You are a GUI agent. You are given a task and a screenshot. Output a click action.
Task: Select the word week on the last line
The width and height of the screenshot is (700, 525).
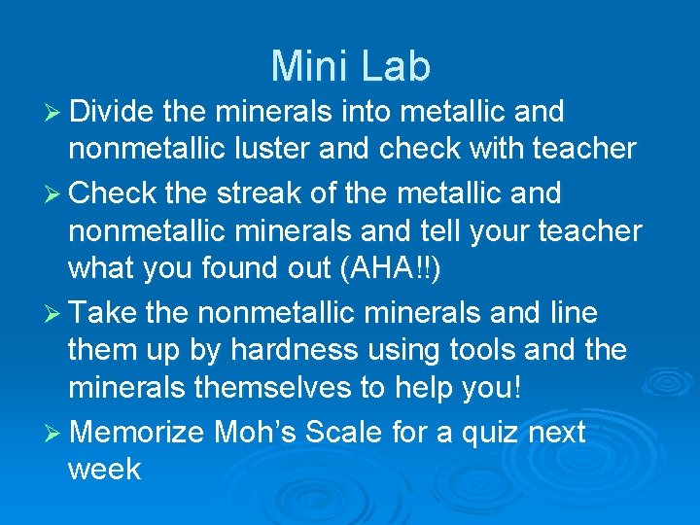104,470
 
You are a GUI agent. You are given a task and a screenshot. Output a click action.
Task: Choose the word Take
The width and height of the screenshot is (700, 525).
106,312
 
